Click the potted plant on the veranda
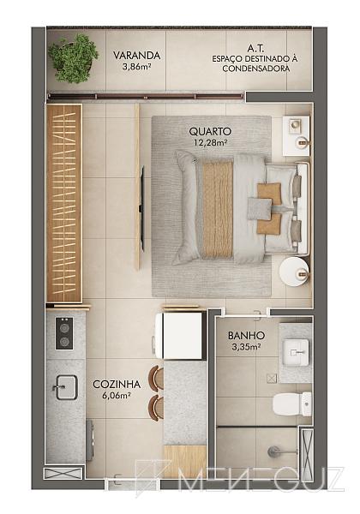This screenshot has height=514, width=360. tap(73, 58)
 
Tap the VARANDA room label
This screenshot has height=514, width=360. tap(137, 56)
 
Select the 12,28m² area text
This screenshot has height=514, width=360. tap(210, 142)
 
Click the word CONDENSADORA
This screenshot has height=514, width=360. tap(255, 69)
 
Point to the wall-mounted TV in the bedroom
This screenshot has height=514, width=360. tap(142, 208)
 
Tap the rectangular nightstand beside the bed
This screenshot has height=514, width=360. tap(296, 135)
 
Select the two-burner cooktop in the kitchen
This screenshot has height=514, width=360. tap(64, 333)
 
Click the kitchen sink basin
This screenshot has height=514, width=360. tap(67, 387)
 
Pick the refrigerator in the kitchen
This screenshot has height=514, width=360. tap(180, 336)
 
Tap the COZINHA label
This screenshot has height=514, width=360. tap(117, 384)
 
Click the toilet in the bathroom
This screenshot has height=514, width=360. tap(292, 404)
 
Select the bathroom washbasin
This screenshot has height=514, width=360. tap(296, 353)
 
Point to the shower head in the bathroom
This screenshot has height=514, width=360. tap(273, 451)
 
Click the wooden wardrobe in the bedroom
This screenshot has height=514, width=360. tap(64, 203)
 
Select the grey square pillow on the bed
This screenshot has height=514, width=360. tap(260, 208)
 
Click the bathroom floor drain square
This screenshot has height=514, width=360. tap(272, 379)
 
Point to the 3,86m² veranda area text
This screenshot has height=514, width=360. tap(137, 67)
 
